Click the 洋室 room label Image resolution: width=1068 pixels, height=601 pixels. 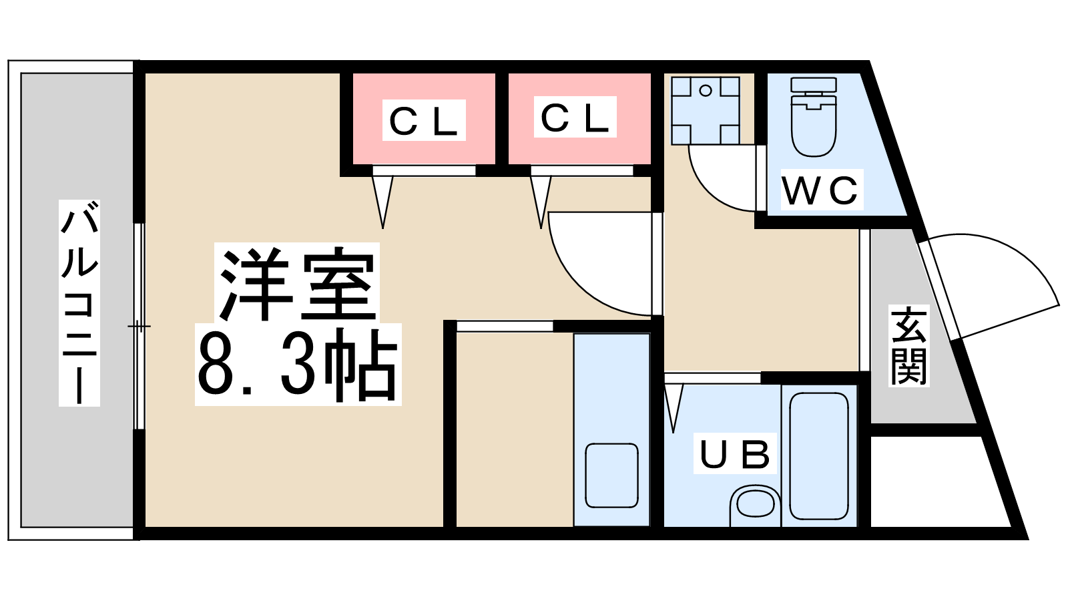pyautogui.click(x=296, y=283)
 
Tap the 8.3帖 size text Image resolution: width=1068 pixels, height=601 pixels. pyautogui.click(x=298, y=365)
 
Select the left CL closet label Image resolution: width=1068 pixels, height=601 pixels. pyautogui.click(x=424, y=121)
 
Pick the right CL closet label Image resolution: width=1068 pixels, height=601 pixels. pyautogui.click(x=575, y=118)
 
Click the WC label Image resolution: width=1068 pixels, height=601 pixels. pyautogui.click(x=822, y=190)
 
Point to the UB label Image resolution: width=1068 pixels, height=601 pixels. pyautogui.click(x=735, y=453)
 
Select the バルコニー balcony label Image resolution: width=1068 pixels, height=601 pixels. pyautogui.click(x=79, y=303)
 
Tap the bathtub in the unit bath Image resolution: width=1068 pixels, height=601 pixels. pyautogui.click(x=818, y=456)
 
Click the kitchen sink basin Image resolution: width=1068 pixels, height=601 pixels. pyautogui.click(x=611, y=475)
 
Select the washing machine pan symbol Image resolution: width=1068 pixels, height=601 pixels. pyautogui.click(x=706, y=111)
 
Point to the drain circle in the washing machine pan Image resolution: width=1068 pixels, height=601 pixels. pyautogui.click(x=706, y=90)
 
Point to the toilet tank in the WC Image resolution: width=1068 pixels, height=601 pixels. pyautogui.click(x=814, y=85)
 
